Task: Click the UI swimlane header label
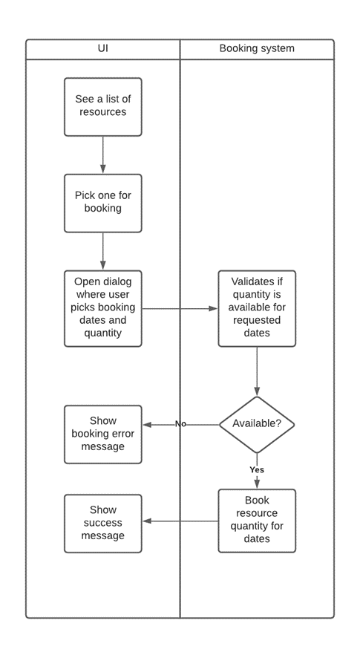(x=102, y=49)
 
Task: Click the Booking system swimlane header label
(x=257, y=49)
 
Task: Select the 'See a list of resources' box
(x=102, y=106)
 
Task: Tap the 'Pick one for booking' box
(x=102, y=202)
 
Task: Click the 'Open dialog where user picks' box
(x=102, y=307)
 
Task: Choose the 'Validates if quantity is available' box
(x=257, y=307)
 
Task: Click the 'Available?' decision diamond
(x=257, y=424)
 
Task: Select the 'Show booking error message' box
(x=102, y=434)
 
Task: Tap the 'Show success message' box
(x=102, y=523)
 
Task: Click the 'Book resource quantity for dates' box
(x=257, y=520)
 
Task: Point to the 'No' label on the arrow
(x=180, y=424)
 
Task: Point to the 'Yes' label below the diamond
(x=257, y=469)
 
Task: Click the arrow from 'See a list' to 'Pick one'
(x=102, y=154)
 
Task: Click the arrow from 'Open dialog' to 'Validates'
(x=180, y=308)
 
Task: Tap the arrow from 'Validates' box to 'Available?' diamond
(x=257, y=371)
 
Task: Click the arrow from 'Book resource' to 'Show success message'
(x=180, y=521)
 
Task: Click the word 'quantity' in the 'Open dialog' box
(x=102, y=333)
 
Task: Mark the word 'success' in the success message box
(x=102, y=523)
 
